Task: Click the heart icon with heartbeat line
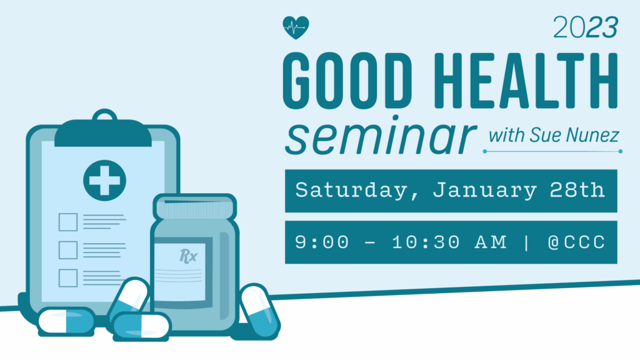click(x=296, y=27)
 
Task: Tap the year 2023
click(x=585, y=27)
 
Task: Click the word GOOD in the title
click(x=347, y=81)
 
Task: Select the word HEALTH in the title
click(x=526, y=81)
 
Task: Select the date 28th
click(x=577, y=190)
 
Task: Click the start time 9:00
click(x=322, y=242)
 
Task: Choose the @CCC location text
click(x=576, y=242)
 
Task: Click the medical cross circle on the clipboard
click(x=104, y=181)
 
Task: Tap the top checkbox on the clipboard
click(x=68, y=222)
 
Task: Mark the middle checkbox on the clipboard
click(x=68, y=250)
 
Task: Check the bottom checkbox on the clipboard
click(x=68, y=278)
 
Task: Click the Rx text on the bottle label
click(x=188, y=256)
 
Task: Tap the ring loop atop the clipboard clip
click(x=105, y=116)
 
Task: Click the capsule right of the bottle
click(x=259, y=311)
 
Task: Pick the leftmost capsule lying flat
click(x=66, y=321)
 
